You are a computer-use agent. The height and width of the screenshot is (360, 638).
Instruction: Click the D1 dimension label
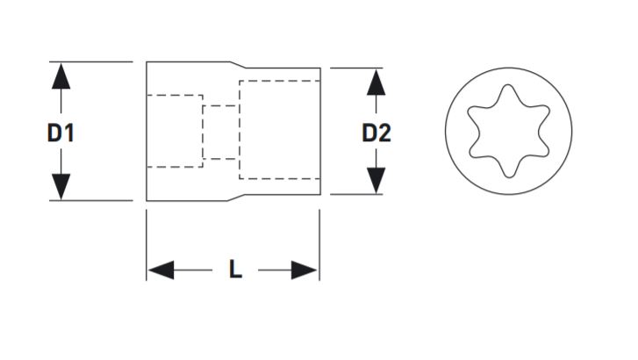pyautogui.click(x=61, y=133)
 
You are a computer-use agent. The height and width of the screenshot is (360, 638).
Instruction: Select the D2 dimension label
pyautogui.click(x=376, y=133)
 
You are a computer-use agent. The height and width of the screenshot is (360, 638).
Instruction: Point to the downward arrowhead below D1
pyautogui.click(x=61, y=187)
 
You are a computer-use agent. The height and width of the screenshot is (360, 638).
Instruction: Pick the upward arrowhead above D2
pyautogui.click(x=376, y=81)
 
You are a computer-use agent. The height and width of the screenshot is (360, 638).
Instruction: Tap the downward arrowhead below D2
pyautogui.click(x=376, y=181)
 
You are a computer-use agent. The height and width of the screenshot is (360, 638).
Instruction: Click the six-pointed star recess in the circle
pyautogui.click(x=508, y=132)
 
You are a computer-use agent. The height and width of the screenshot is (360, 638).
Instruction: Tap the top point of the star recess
pyautogui.click(x=508, y=90)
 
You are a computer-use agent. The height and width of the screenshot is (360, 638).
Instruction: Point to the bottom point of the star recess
pyautogui.click(x=508, y=174)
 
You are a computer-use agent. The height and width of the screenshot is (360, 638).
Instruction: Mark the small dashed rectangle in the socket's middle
pyautogui.click(x=219, y=133)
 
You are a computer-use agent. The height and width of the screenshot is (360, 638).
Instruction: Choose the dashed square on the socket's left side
pyautogui.click(x=175, y=131)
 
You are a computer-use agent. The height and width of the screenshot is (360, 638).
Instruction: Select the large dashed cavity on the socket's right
pyautogui.click(x=279, y=129)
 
